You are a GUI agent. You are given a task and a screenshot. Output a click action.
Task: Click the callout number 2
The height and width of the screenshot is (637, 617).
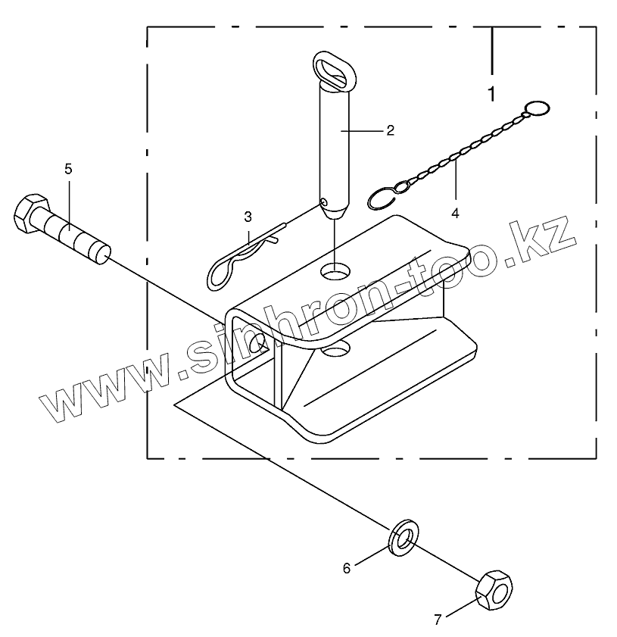(390, 130)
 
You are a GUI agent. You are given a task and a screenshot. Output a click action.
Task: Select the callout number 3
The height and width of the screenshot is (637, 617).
(248, 217)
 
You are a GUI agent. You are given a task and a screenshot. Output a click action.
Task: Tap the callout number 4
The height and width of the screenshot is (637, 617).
(455, 214)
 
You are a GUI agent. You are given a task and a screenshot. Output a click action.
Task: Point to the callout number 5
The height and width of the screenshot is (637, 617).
(68, 169)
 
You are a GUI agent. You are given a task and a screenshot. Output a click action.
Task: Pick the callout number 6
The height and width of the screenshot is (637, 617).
(347, 568)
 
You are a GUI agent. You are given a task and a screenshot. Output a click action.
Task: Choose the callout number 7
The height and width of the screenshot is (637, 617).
(437, 620)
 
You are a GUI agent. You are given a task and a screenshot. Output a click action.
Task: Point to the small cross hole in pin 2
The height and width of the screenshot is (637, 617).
(324, 202)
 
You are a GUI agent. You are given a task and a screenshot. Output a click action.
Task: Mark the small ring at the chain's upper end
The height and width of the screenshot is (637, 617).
(538, 108)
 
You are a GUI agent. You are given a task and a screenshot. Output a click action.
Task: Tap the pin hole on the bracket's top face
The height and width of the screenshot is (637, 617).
(336, 269)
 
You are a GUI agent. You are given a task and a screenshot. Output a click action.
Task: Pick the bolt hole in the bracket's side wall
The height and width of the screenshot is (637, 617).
(257, 342)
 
